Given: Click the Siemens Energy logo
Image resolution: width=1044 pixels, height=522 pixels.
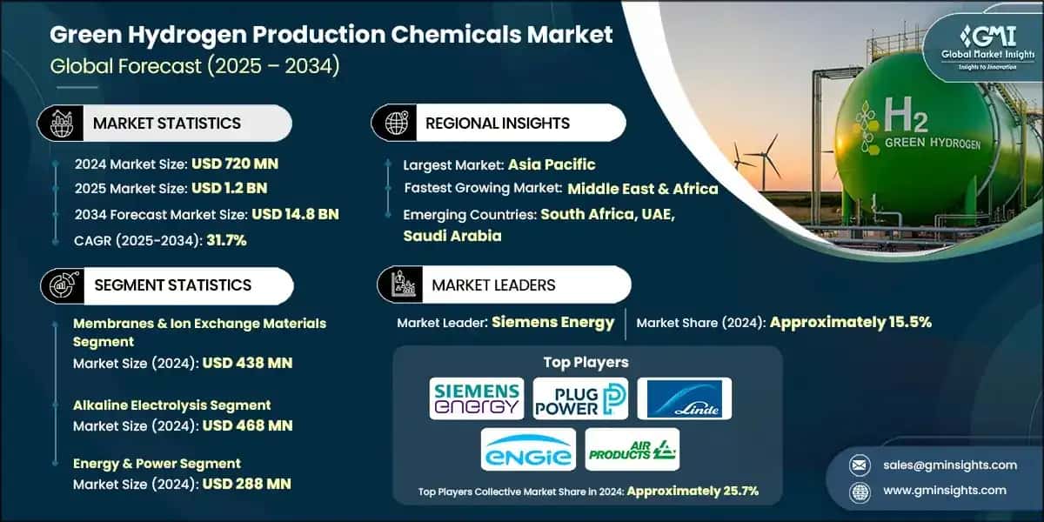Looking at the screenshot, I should (x=476, y=398).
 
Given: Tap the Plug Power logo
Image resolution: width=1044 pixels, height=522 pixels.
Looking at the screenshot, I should (x=580, y=398).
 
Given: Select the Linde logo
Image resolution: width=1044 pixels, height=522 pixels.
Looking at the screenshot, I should (x=684, y=398).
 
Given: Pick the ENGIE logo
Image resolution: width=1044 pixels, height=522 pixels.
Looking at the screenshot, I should (x=528, y=449).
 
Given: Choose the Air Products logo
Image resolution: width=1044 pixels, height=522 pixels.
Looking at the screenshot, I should (x=632, y=449).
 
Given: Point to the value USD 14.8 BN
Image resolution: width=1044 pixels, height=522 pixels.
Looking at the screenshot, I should (x=295, y=214).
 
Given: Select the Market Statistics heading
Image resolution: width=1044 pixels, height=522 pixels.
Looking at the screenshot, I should (x=167, y=123).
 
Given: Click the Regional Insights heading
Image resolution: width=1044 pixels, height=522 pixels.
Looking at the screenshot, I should (x=498, y=123).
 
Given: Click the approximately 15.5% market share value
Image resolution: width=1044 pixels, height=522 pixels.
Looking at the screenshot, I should (x=851, y=322).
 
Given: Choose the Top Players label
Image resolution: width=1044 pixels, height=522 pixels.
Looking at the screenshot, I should (x=586, y=362).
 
